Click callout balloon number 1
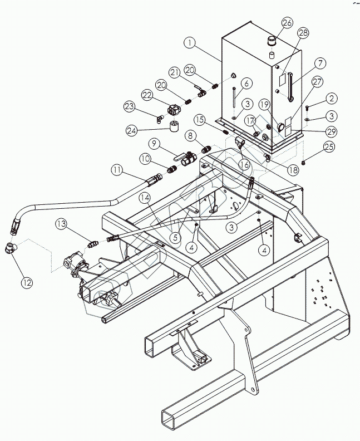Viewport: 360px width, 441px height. tap(190, 42)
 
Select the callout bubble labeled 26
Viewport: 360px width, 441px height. tap(287, 23)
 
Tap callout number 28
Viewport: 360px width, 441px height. tap(302, 34)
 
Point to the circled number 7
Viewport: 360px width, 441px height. tap(321, 62)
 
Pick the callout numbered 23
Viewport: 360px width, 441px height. tap(130, 105)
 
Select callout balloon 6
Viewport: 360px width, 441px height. tap(247, 83)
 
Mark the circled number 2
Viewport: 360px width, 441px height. tap(332, 99)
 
